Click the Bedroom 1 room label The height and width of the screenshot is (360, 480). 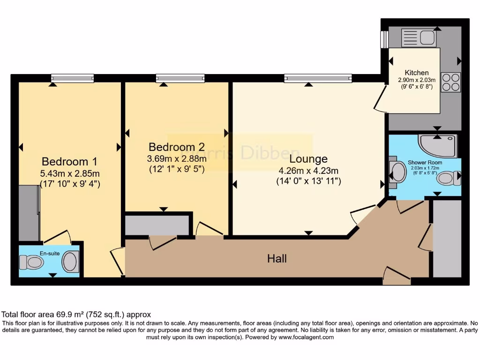[69, 162]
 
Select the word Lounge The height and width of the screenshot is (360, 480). [308, 159]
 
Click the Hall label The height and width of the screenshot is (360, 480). [277, 258]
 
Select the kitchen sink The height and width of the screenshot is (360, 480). [427, 38]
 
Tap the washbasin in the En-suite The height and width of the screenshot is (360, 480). [70, 262]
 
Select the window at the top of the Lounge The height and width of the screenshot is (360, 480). [318, 78]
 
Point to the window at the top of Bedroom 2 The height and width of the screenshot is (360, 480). [180, 78]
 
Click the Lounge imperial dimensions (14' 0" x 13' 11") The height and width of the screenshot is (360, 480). [308, 180]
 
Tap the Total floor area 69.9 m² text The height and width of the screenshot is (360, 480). [76, 315]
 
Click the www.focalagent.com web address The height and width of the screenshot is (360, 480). [306, 337]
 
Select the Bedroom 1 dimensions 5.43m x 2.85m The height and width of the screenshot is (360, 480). [70, 173]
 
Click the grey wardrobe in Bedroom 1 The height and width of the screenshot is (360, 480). [29, 213]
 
